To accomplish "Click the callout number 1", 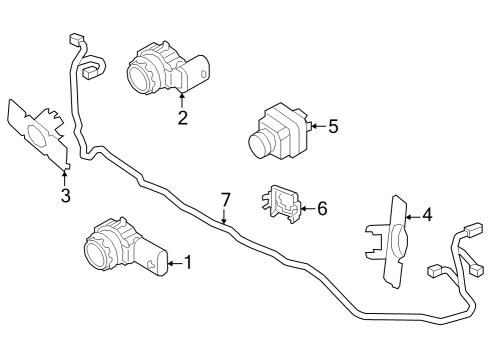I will tap(187, 264).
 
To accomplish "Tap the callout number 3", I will tap(66, 195).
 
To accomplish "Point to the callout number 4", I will tap(427, 214).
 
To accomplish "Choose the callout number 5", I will tap(333, 126).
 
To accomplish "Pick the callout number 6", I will tap(321, 208).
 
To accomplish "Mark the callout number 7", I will tap(226, 199).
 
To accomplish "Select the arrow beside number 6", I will tap(307, 208).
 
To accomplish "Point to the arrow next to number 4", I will tap(412, 214).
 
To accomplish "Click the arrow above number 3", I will tap(66, 178).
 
